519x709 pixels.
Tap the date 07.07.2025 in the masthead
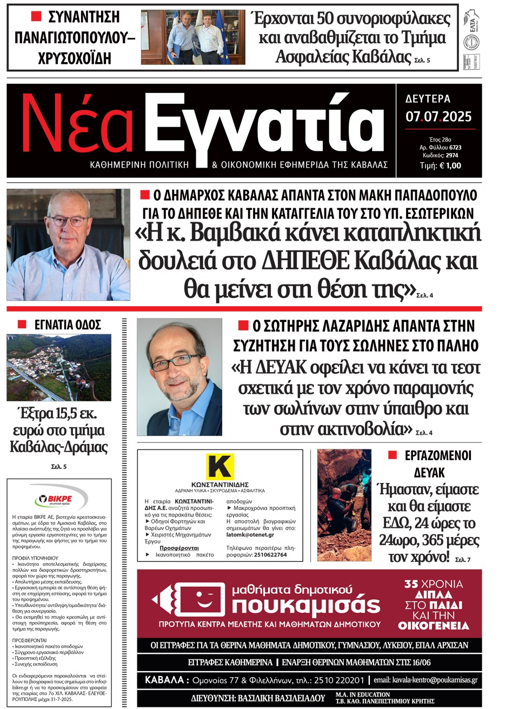pos(438,117)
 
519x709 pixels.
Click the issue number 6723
pos(455,147)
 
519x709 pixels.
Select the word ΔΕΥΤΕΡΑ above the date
pos(428,99)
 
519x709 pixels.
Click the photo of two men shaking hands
pos(193,37)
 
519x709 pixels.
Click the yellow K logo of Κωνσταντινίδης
pos(219,467)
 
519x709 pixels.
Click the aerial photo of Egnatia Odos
pos(59,367)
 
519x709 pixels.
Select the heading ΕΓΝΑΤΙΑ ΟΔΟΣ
pos(68,325)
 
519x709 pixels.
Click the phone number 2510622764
pos(270,555)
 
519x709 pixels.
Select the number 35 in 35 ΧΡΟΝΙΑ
pos(411,584)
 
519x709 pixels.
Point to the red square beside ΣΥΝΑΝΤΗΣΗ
pos(36,17)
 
